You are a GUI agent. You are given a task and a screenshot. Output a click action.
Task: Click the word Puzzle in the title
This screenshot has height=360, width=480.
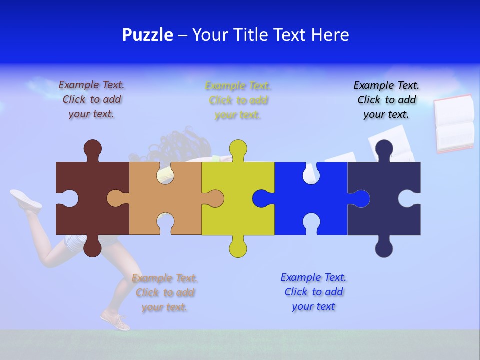[147, 35]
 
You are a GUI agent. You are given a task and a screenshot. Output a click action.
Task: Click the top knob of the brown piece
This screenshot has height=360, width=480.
[93, 149]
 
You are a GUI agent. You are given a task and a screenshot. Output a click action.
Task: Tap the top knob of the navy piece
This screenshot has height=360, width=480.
[384, 149]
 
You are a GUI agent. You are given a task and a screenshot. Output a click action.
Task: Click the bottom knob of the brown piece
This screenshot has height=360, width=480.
[93, 248]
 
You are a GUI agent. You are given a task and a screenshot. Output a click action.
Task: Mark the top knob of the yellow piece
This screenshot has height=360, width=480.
[238, 149]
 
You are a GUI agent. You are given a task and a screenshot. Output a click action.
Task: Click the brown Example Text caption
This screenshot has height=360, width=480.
[91, 99]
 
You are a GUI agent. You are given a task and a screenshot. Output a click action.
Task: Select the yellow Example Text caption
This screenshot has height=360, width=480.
[238, 100]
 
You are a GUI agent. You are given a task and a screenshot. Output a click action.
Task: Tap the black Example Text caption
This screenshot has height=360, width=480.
[386, 100]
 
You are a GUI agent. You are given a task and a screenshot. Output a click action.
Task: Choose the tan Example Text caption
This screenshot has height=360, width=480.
[165, 292]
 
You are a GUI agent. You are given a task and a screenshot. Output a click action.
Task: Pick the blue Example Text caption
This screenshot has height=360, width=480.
[313, 292]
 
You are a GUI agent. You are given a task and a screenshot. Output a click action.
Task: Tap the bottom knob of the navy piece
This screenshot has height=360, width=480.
[384, 248]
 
